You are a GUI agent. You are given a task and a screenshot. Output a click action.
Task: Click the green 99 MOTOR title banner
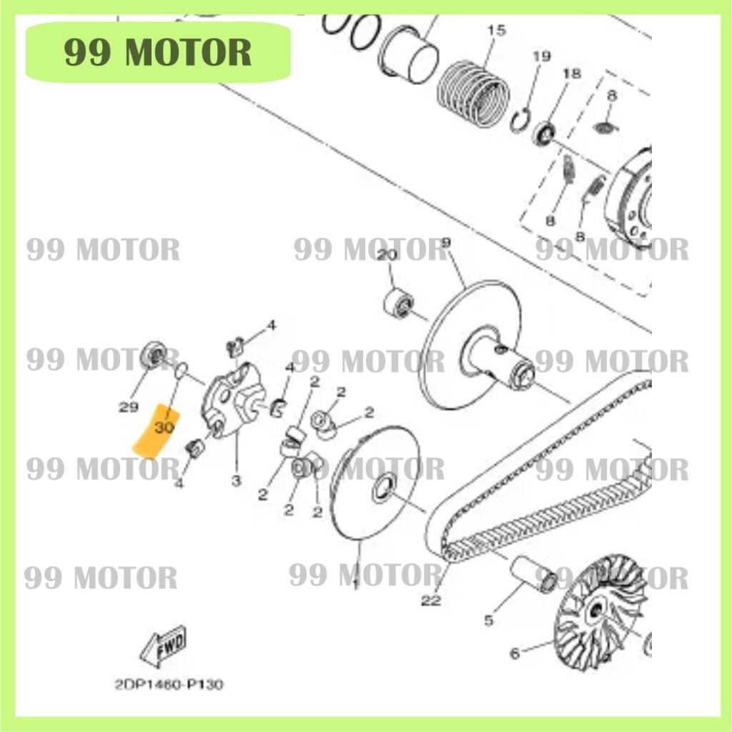pyautogui.click(x=158, y=52)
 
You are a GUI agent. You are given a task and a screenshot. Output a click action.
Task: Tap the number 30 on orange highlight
pyautogui.click(x=164, y=427)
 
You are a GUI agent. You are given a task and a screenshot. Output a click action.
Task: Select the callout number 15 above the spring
pyautogui.click(x=496, y=30)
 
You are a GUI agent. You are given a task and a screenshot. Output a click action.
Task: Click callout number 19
pyautogui.click(x=542, y=56)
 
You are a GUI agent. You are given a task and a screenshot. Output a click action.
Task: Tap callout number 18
pyautogui.click(x=571, y=74)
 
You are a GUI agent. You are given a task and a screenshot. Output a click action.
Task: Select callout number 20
pyautogui.click(x=387, y=256)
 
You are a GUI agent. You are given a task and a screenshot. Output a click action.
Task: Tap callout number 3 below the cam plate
pyautogui.click(x=236, y=481)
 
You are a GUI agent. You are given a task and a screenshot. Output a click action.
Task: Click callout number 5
pyautogui.click(x=489, y=620)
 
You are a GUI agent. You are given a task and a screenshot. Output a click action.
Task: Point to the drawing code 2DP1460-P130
pyautogui.click(x=169, y=684)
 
